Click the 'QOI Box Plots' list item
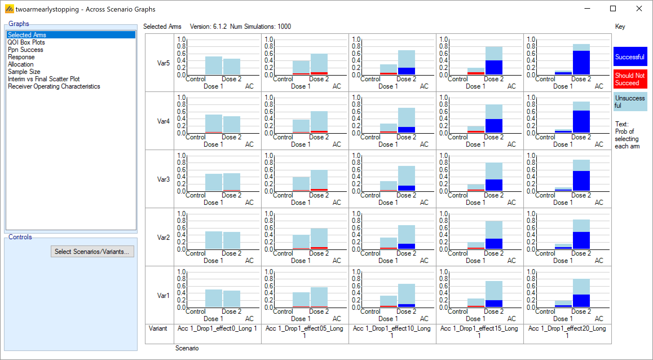26,42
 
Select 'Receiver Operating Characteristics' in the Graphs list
54,86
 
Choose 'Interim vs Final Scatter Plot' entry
44,79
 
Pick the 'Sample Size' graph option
24,72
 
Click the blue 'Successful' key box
630,57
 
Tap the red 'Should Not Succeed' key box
630,79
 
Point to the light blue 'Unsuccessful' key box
630,102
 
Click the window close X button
639,9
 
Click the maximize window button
613,9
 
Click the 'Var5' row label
163,63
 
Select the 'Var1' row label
163,295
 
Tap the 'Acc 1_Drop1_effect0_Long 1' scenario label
217,328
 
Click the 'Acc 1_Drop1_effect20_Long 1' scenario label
567,332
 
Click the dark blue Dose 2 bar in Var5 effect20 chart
581,63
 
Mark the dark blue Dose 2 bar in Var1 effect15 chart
494,304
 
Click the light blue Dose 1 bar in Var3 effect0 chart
213,182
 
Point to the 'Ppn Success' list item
25,50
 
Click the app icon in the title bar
9,9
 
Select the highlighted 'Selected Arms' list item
27,35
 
